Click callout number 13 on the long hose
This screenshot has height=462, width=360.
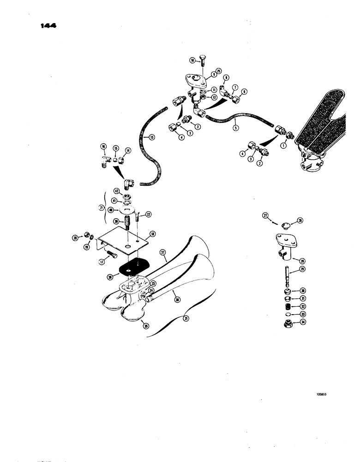pyautogui.click(x=146, y=137)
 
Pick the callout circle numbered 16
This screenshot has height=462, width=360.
pyautogui.click(x=103, y=146)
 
